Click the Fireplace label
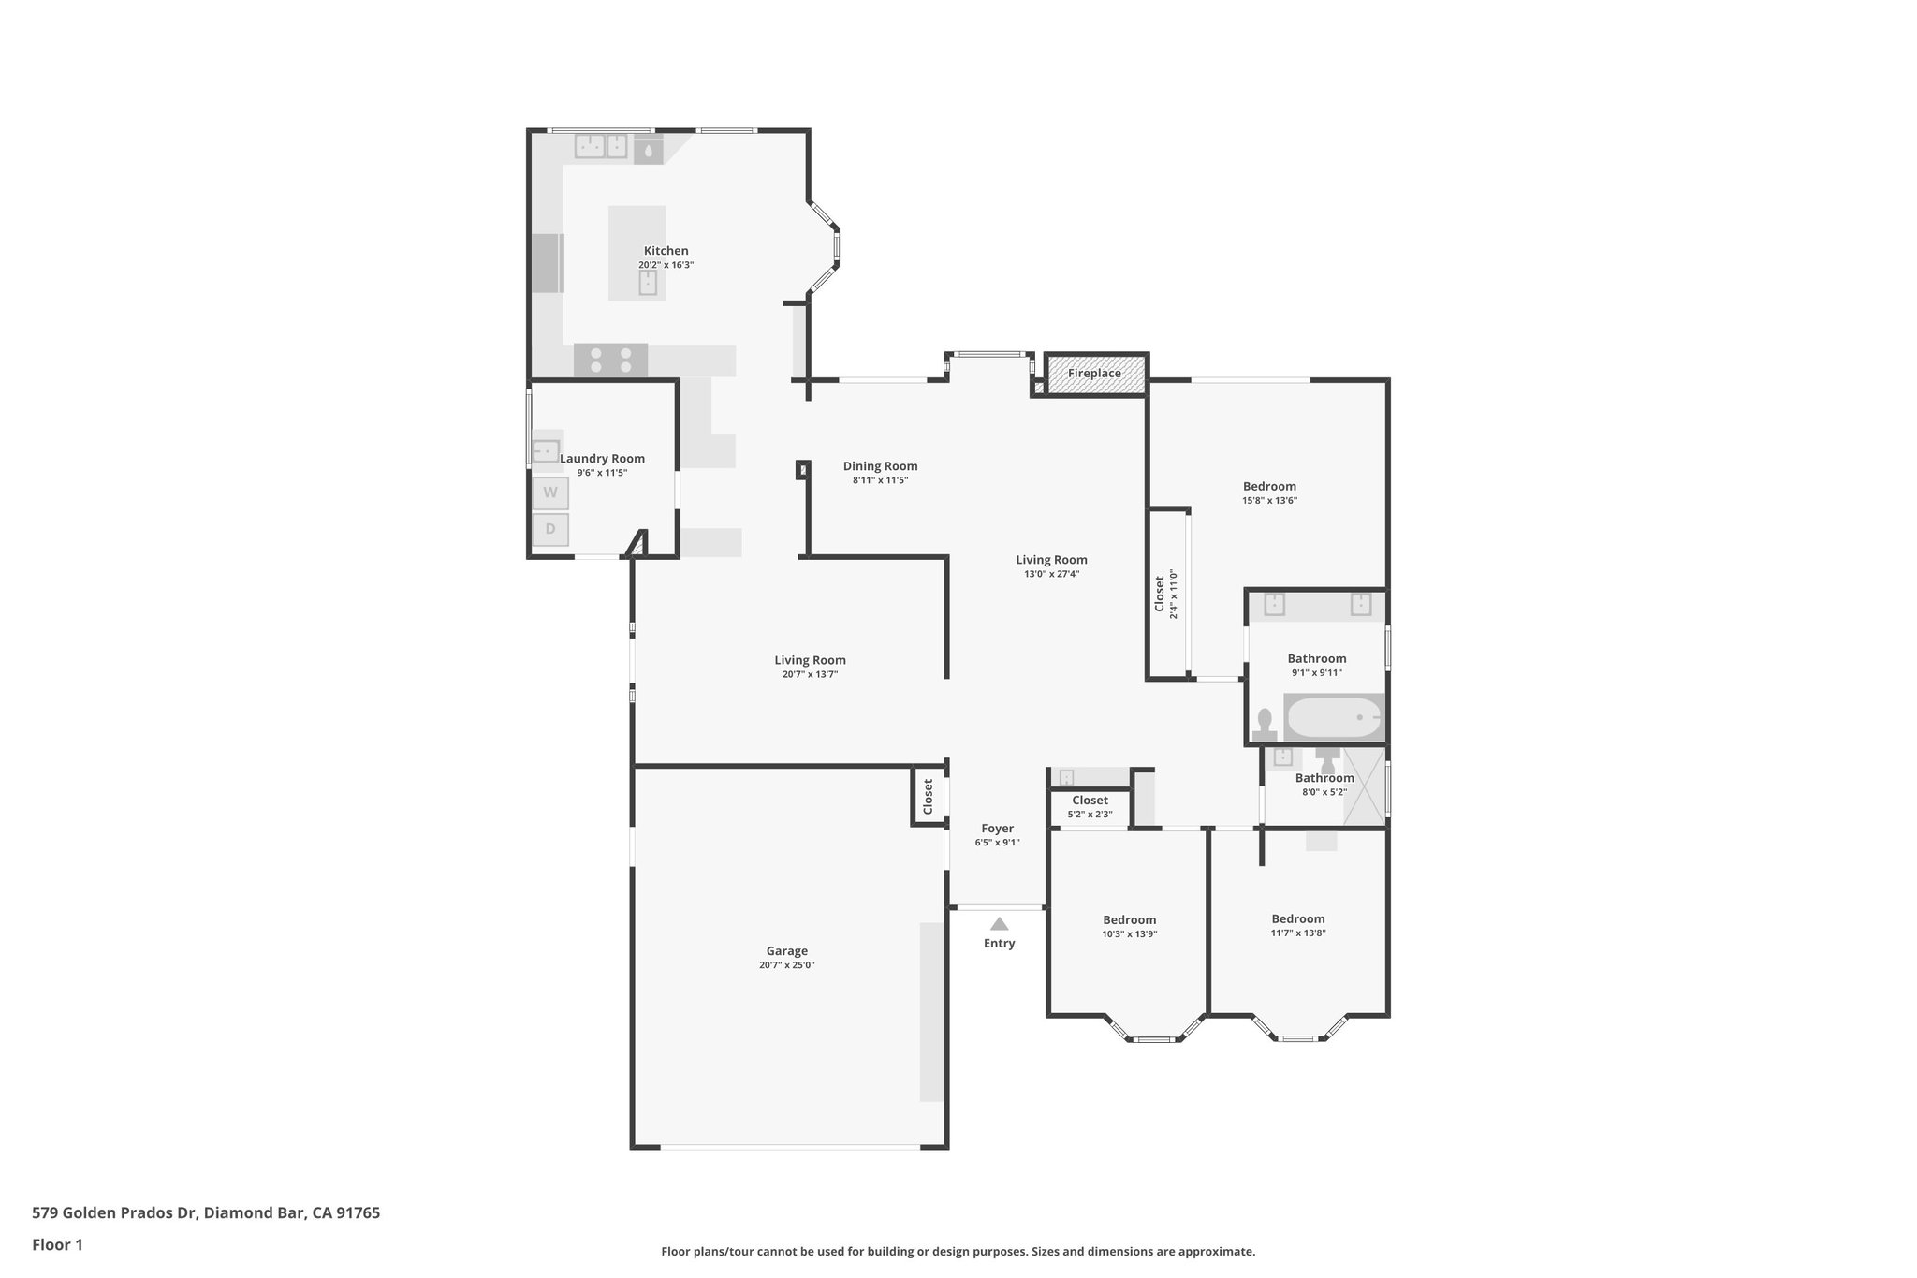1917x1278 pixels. click(x=1094, y=374)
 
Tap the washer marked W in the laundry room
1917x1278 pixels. click(x=550, y=492)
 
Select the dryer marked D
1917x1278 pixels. click(x=550, y=529)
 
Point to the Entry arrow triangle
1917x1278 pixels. click(x=999, y=924)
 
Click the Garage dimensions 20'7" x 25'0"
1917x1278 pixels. click(x=786, y=965)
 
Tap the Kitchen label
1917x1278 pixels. click(x=666, y=251)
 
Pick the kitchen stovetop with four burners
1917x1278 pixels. click(x=611, y=360)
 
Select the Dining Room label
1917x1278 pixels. click(x=880, y=466)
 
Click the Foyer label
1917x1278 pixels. click(x=997, y=829)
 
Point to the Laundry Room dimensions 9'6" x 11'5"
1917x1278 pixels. click(x=602, y=473)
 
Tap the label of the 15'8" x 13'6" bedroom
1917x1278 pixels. click(x=1269, y=486)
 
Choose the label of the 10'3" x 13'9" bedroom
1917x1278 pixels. click(x=1129, y=919)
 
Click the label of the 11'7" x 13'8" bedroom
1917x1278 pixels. click(x=1297, y=918)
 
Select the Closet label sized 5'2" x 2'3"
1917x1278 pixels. click(x=1090, y=801)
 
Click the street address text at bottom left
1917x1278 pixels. click(x=206, y=1212)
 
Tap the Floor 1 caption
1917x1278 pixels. click(x=57, y=1244)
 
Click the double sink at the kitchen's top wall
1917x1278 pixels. click(x=601, y=146)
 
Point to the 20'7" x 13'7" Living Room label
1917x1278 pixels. click(x=810, y=660)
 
